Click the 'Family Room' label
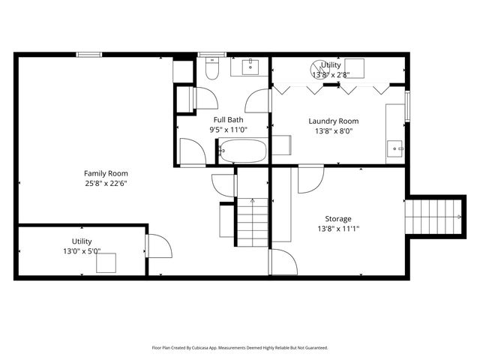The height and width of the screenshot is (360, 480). click(106, 173)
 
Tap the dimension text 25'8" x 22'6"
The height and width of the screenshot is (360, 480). click(106, 183)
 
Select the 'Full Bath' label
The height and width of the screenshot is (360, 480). click(228, 120)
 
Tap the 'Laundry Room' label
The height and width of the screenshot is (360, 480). click(334, 121)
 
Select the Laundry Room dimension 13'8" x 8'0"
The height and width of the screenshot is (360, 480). click(334, 130)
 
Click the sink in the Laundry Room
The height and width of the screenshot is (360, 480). click(395, 148)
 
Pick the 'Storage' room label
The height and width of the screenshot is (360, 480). click(338, 219)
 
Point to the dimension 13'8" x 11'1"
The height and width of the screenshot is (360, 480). click(338, 229)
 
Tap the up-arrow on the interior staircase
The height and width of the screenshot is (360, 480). click(253, 202)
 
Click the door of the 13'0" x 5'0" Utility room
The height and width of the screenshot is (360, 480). click(159, 246)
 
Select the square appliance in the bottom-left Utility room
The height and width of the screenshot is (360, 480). click(105, 262)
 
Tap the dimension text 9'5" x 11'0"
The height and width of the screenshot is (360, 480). click(228, 130)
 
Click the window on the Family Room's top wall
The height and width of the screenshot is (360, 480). click(89, 54)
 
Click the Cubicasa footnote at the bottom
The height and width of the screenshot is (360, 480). click(240, 348)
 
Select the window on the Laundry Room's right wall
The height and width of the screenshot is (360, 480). click(407, 106)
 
